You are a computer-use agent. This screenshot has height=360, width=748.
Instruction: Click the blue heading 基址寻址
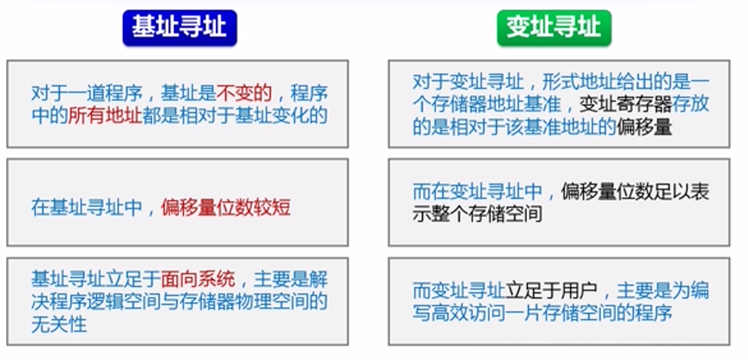coord(179,27)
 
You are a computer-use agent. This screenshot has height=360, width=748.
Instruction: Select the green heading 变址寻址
coord(554,27)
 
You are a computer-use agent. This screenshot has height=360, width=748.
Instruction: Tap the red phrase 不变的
coord(244,92)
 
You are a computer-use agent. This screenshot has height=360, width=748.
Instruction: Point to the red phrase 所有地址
coord(105,116)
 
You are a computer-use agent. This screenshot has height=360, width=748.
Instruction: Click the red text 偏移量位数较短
coord(226,208)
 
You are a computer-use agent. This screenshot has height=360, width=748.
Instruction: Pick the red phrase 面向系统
coord(198,279)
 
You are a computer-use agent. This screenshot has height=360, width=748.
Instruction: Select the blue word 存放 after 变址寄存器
coord(691,105)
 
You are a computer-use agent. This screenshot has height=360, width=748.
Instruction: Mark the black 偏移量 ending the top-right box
coord(644,128)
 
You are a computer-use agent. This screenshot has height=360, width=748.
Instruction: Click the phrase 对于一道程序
coord(87,92)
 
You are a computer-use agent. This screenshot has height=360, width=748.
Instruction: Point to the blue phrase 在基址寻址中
coord(87,208)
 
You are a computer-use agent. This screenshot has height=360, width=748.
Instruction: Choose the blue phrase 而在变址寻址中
coord(478,192)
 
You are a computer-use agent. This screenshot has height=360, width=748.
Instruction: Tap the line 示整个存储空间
coord(478,215)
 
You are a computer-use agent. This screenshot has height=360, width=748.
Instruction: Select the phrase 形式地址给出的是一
coord(626,82)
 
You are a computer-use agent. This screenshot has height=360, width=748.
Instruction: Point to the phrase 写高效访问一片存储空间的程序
coord(543,314)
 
